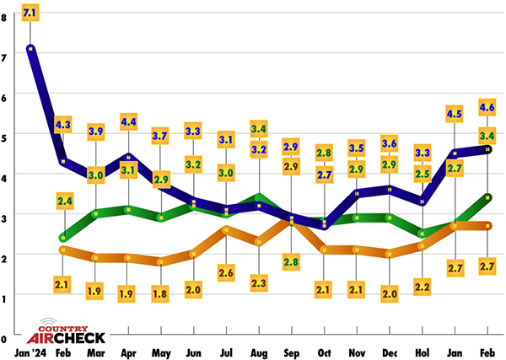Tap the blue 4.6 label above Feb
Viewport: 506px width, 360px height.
click(x=487, y=107)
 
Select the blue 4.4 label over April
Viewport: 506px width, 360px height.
click(x=129, y=121)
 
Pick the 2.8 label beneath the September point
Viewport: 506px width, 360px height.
click(x=291, y=261)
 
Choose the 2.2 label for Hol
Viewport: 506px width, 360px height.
click(x=423, y=287)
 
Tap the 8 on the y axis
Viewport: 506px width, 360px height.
click(x=6, y=17)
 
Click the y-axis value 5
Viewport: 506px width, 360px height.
click(x=6, y=137)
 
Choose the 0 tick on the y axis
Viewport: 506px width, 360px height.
click(x=6, y=336)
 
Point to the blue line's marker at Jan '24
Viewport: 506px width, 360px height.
click(x=30, y=48)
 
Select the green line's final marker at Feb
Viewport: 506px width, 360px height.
click(x=487, y=197)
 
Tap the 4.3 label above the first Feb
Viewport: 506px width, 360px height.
click(x=62, y=125)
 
